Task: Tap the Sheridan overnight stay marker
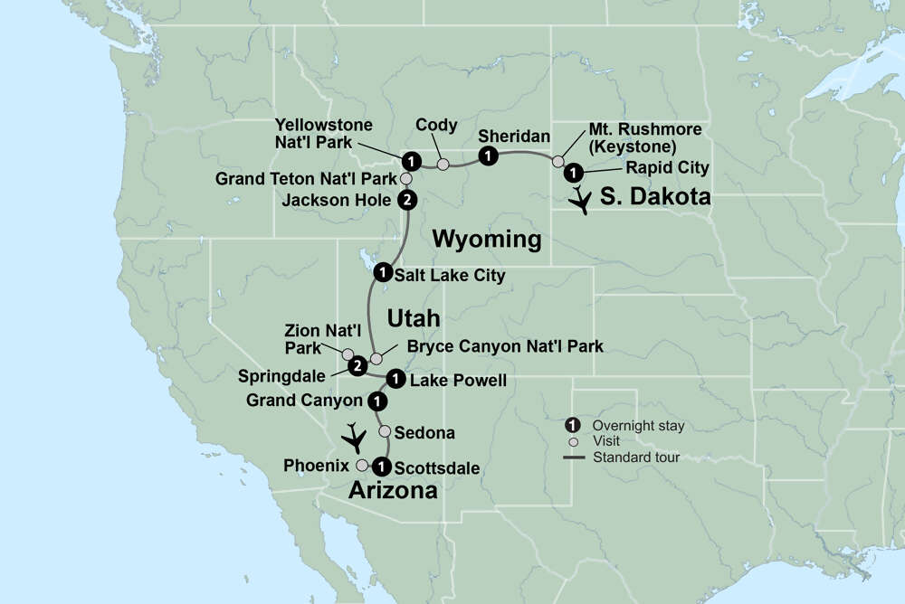488,156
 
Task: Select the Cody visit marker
443,165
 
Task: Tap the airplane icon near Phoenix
354,439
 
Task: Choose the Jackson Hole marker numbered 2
408,200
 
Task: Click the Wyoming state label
487,240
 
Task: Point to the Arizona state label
394,490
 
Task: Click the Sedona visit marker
385,431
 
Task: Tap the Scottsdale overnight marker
381,467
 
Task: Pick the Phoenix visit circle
362,466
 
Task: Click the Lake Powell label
458,381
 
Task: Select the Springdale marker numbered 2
357,365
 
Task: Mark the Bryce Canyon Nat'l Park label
505,345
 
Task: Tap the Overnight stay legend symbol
572,425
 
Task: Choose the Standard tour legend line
572,458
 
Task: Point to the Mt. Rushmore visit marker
557,161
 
